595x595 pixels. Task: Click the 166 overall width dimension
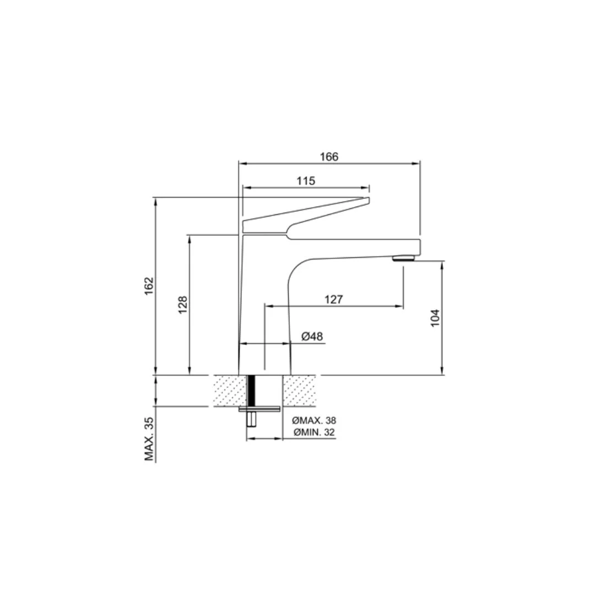329,156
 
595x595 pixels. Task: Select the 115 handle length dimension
306,181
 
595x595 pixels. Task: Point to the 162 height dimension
149,286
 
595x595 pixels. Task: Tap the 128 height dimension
182,305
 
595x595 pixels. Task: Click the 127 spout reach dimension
333,299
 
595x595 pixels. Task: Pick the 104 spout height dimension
435,318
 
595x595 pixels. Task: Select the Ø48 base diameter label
312,336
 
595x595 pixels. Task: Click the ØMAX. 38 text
314,420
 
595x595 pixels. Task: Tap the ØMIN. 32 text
314,432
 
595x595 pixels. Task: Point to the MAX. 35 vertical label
149,439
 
